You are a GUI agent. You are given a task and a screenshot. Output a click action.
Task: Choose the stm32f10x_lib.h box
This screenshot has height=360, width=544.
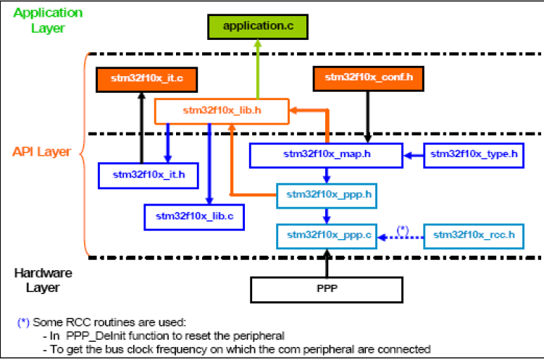click(222, 111)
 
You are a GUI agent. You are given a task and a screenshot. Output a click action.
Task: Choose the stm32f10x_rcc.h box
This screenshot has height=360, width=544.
click(473, 235)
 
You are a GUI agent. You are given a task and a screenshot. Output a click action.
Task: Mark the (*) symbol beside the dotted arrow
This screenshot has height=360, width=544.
click(402, 228)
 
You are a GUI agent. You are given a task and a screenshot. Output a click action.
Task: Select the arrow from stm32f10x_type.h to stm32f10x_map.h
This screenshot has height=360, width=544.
click(412, 154)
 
